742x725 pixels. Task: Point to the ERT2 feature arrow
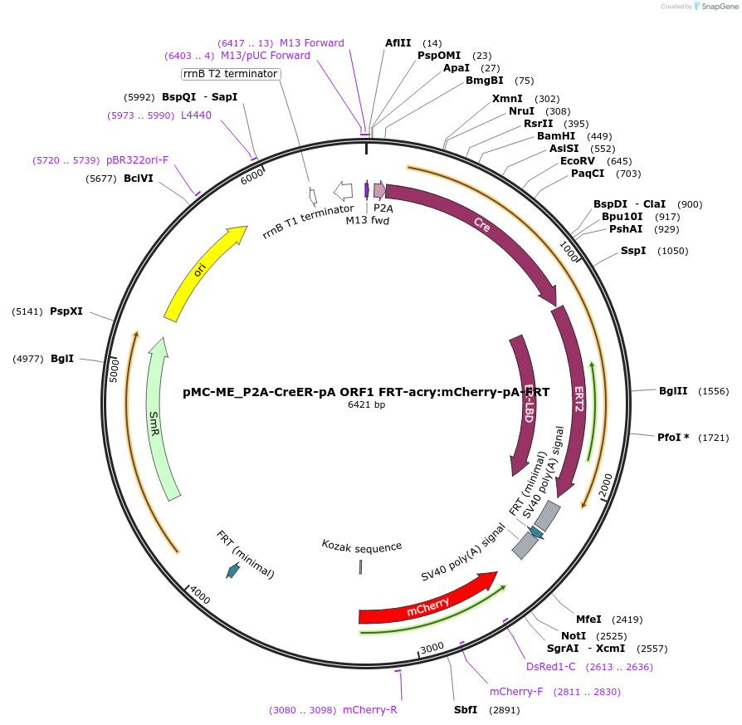pos(578,399)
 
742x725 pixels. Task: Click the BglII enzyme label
pos(673,391)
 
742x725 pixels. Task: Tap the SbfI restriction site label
pos(465,710)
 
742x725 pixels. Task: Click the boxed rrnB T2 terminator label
pos(231,74)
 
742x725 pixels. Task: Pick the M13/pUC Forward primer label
pos(265,56)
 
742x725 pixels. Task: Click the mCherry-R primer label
pos(369,710)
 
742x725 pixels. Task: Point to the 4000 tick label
pos(199,595)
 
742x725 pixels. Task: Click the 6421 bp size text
pos(366,405)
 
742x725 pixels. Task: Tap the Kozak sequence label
pos(361,546)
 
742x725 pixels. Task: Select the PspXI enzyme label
pos(66,311)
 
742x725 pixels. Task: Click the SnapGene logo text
pos(716,7)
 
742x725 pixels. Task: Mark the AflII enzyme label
pos(398,43)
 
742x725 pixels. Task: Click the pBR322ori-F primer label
pos(137,159)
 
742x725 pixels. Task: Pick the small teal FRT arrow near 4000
pos(233,571)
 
